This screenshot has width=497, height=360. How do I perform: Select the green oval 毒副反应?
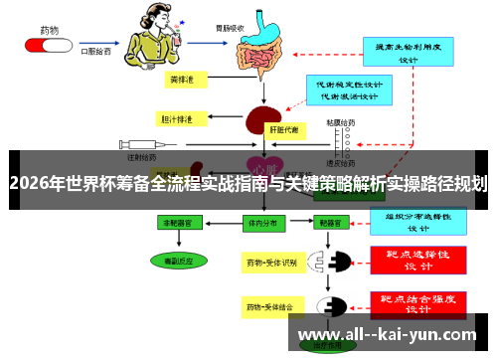pos(170,260)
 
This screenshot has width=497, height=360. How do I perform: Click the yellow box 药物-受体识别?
pos(271,263)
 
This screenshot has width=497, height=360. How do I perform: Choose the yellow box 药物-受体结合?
pos(271,309)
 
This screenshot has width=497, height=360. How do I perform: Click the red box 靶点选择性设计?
pos(418,259)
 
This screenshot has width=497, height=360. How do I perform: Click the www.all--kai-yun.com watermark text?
pos(388,335)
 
